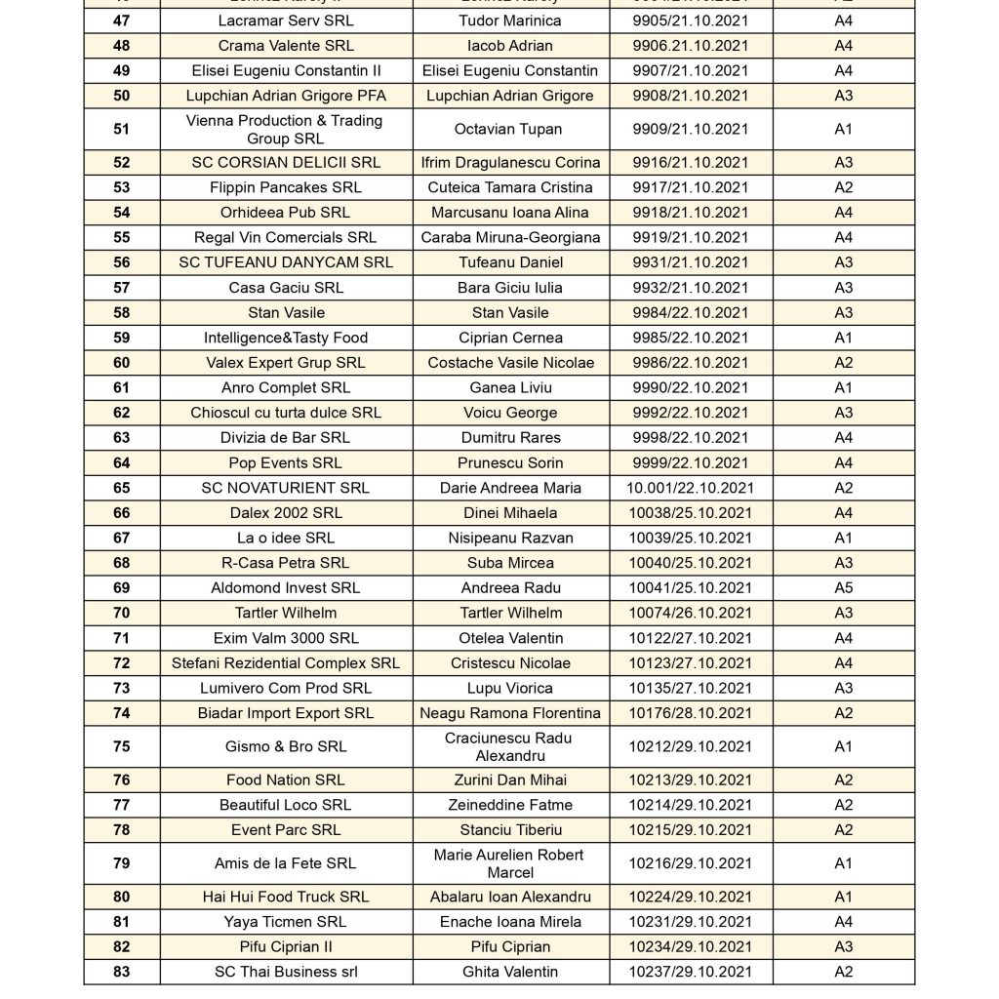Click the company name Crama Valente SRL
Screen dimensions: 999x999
tap(286, 46)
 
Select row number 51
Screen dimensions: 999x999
tap(121, 129)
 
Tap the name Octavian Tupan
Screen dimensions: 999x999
tap(509, 129)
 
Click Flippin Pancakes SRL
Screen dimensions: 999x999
tap(286, 187)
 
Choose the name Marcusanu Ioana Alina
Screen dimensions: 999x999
tap(509, 213)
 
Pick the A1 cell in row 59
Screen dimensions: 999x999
tap(843, 338)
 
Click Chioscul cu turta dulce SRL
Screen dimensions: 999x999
tap(286, 413)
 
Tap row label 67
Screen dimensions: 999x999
tap(121, 538)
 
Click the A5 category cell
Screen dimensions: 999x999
tap(843, 588)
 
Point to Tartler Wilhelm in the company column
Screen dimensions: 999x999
tap(286, 613)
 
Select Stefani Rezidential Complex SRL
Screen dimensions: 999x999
tap(286, 663)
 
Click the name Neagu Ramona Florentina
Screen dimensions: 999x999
tap(509, 713)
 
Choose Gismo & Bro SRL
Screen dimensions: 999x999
tap(286, 746)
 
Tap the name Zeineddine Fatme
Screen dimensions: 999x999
tap(509, 805)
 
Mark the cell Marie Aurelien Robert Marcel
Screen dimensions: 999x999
tap(509, 863)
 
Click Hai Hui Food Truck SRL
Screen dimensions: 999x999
tap(286, 897)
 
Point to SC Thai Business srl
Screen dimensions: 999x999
tap(286, 972)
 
